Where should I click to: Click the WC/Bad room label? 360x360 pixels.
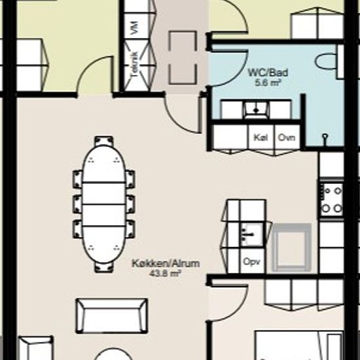268,73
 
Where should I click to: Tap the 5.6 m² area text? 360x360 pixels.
268,82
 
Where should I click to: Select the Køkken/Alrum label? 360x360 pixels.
166,263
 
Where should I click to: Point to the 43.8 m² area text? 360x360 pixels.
166,273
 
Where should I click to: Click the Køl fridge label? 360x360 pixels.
261,137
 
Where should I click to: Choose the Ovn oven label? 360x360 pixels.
286,137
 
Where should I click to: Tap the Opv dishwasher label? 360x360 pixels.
251,262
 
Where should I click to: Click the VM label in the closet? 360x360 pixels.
135,27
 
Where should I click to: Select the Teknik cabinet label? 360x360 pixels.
135,65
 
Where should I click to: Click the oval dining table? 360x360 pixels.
104,204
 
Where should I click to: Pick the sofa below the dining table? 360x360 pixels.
112,316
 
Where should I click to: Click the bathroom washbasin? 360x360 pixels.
256,110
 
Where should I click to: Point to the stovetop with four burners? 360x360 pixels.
332,199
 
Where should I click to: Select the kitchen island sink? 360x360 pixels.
251,234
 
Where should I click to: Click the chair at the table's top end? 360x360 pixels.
104,141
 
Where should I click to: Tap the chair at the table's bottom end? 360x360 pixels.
104,267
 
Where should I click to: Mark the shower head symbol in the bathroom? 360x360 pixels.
325,138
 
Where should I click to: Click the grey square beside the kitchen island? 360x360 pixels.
291,247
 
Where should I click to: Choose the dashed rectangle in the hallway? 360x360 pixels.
183,58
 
